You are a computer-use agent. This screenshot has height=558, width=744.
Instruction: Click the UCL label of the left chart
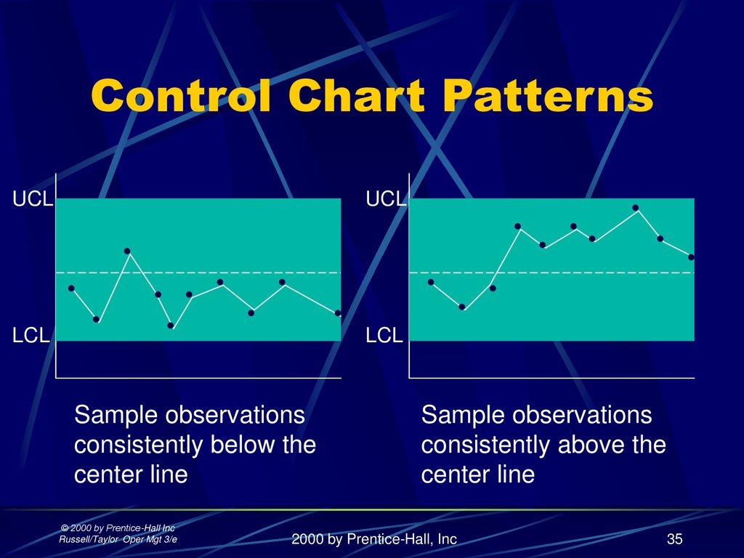point(32,199)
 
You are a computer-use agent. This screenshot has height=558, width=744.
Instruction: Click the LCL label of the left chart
point(31,336)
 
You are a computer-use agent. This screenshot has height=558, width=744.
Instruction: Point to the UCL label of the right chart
point(386,199)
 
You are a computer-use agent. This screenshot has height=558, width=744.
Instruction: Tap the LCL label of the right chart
point(384,336)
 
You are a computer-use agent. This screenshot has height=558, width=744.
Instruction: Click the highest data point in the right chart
point(635,207)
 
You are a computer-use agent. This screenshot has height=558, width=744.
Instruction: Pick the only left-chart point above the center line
point(126,251)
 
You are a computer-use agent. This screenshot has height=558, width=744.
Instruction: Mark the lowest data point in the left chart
point(171,325)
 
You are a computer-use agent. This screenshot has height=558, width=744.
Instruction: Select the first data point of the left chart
point(71,288)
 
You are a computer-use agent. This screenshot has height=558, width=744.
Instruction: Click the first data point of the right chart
point(431,282)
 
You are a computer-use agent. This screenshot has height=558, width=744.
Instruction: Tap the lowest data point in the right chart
point(462,307)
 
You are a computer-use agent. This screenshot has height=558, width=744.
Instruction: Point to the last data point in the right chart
point(691,257)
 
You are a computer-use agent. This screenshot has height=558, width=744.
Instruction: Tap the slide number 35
point(674,538)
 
